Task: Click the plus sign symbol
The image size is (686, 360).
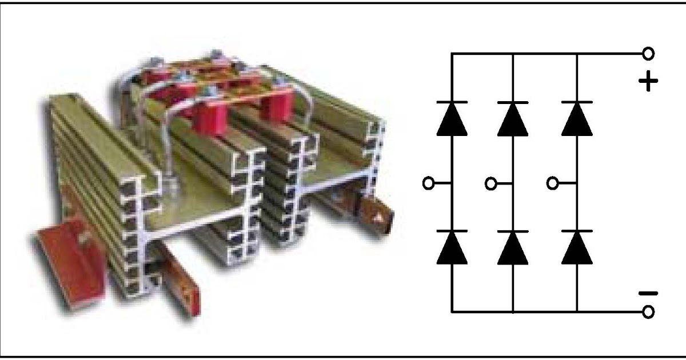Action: click(x=648, y=82)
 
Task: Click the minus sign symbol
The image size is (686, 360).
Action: click(x=648, y=294)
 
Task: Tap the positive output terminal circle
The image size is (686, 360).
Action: click(x=648, y=54)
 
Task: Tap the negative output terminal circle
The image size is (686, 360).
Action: click(x=648, y=312)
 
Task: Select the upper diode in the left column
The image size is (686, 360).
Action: click(x=452, y=119)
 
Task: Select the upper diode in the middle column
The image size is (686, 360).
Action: click(x=513, y=119)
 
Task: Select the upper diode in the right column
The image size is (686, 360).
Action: click(x=577, y=119)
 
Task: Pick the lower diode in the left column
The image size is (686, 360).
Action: click(x=452, y=248)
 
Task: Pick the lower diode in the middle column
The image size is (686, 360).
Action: click(x=513, y=248)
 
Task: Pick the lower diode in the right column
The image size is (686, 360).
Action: click(x=577, y=248)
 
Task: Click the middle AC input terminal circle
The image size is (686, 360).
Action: click(x=490, y=183)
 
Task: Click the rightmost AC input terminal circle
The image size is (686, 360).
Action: click(x=552, y=183)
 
